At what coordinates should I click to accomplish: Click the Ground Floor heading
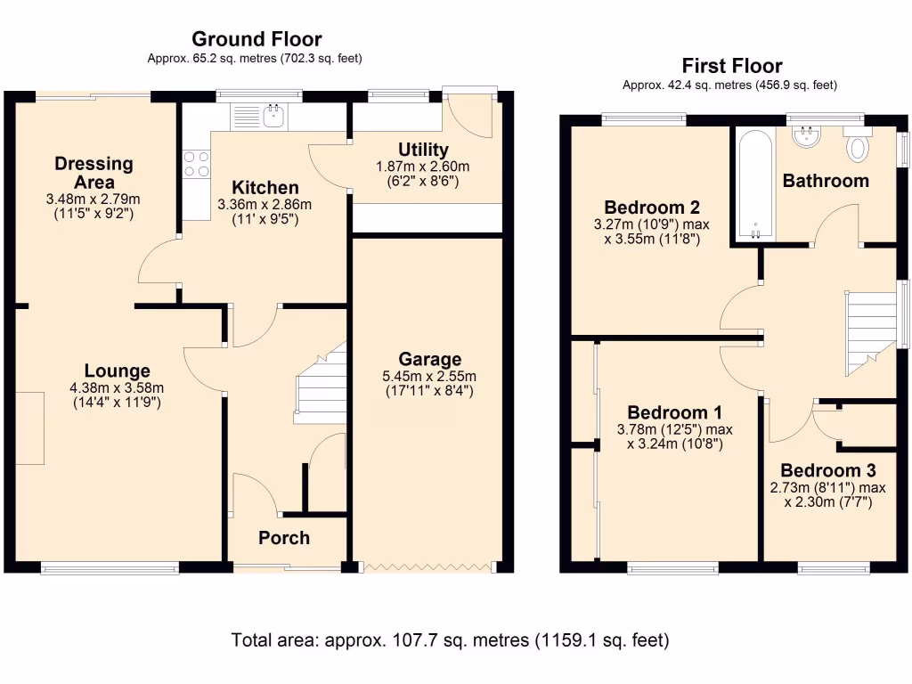(x=256, y=39)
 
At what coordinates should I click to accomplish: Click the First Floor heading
(x=732, y=66)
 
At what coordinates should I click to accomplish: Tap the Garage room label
(x=430, y=359)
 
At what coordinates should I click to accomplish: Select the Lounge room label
(x=117, y=370)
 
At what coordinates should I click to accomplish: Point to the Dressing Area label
(x=94, y=172)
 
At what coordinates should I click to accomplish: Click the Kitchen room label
(x=265, y=188)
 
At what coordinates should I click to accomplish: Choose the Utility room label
(x=423, y=150)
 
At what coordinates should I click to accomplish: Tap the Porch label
(x=284, y=538)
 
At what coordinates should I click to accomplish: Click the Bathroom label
(x=825, y=181)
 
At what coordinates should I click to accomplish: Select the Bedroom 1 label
(x=674, y=412)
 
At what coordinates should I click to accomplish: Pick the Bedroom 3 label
(x=827, y=470)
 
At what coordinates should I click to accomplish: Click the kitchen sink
(x=272, y=114)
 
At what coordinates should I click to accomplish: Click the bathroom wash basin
(x=809, y=135)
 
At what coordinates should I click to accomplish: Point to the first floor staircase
(x=869, y=334)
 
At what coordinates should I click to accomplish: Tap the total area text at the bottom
(x=450, y=639)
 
